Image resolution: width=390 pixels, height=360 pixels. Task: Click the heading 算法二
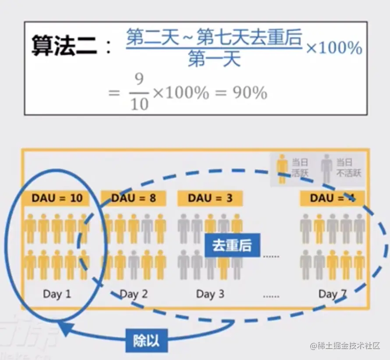64,46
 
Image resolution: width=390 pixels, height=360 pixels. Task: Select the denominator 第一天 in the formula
214,59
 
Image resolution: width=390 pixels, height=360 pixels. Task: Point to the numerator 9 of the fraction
139,80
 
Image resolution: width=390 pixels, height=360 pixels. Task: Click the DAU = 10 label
57,198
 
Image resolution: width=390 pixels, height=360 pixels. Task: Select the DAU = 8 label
134,198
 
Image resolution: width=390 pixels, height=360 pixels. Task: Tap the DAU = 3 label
210,198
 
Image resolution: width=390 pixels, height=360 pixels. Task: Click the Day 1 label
57,293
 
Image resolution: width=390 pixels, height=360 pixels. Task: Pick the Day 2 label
134,294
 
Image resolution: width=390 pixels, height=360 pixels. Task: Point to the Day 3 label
210,294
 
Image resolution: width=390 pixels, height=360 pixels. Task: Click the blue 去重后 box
232,246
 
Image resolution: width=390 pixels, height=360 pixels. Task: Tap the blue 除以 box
145,341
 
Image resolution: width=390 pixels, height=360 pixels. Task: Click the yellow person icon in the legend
283,169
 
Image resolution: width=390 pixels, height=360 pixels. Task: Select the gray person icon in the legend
326,169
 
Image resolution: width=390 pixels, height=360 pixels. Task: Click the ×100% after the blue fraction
334,48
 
